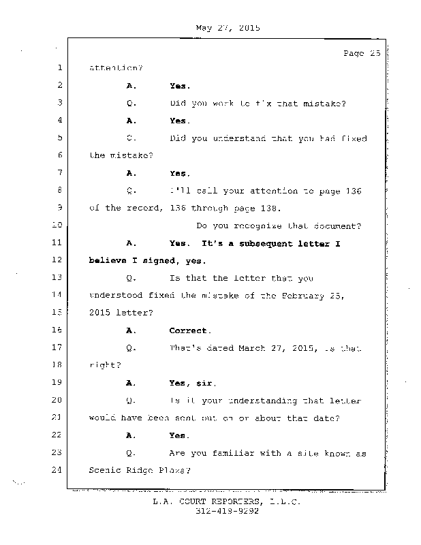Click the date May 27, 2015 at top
point(228,28)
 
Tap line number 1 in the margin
point(60,68)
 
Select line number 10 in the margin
point(57,225)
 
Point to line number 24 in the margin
point(57,470)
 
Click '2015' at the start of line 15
point(101,313)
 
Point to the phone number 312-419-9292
point(228,511)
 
